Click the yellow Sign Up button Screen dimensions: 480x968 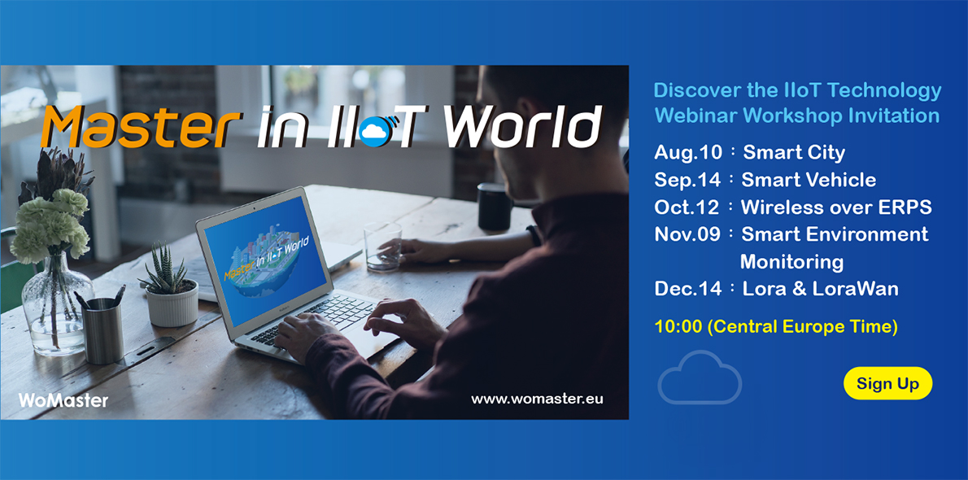tap(887, 383)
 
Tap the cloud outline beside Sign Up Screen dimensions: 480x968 tap(700, 378)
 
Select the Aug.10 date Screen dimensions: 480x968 tap(685, 153)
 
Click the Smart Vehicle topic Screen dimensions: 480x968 tap(809, 180)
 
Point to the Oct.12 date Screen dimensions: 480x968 tap(687, 207)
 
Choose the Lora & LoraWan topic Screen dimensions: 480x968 tap(820, 288)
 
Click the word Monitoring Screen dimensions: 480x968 tap(791, 262)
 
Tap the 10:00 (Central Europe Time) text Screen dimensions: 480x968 tap(776, 327)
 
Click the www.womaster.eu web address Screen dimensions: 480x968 tap(537, 399)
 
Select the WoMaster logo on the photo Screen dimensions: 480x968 tap(63, 399)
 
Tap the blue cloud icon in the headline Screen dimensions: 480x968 tap(373, 131)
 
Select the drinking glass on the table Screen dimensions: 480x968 tap(382, 245)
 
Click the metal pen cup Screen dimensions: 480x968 tap(104, 329)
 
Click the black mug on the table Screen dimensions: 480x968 tap(494, 207)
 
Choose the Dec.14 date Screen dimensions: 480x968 tap(687, 288)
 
